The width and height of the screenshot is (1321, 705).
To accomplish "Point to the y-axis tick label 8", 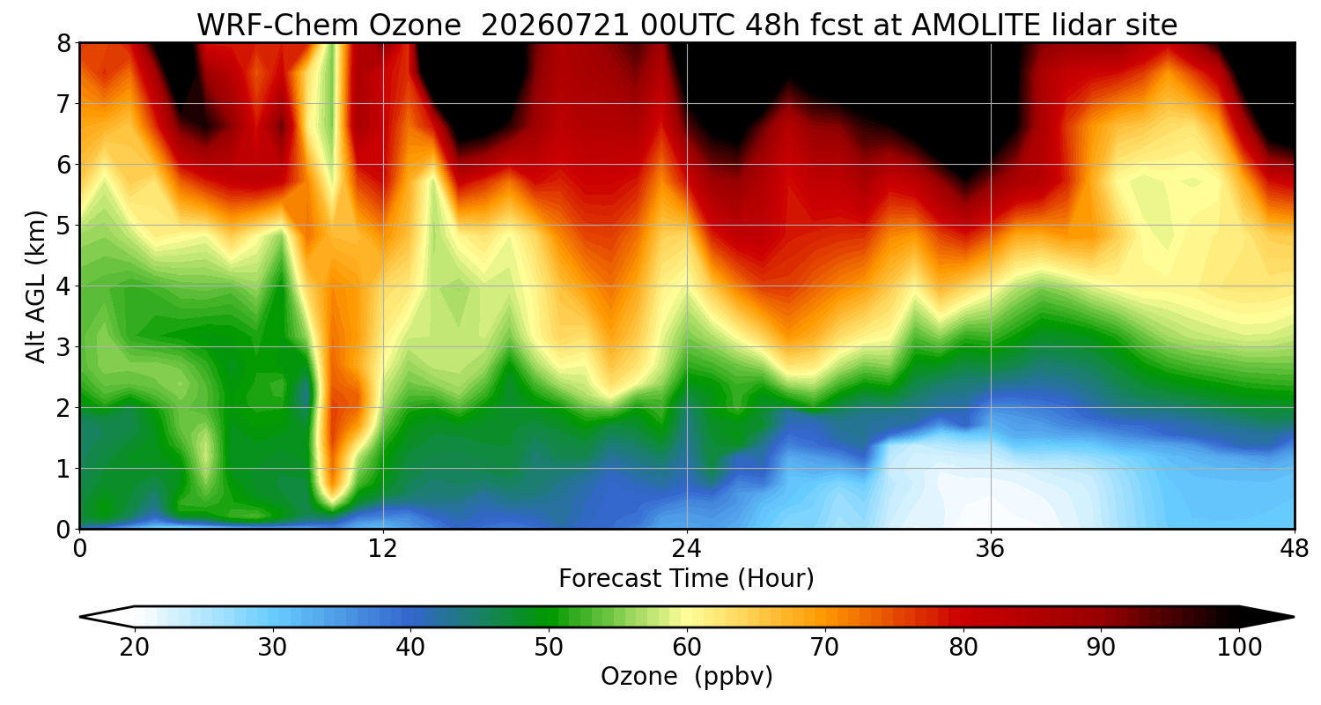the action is click(x=63, y=44).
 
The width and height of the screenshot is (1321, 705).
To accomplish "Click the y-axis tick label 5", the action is click(x=63, y=226).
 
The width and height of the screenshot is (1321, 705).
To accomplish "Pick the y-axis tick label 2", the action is click(x=63, y=408).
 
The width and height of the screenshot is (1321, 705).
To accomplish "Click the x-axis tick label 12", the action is click(x=383, y=549).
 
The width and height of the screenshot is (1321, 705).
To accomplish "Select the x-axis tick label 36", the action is click(x=991, y=549).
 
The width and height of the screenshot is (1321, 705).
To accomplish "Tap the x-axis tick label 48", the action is click(x=1295, y=549).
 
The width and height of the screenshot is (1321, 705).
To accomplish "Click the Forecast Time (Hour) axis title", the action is click(x=686, y=579).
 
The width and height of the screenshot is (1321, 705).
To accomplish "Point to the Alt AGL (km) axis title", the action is click(x=36, y=286).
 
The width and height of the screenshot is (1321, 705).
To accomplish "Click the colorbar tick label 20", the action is click(x=134, y=648).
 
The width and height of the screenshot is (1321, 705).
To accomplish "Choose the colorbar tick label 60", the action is click(x=686, y=648).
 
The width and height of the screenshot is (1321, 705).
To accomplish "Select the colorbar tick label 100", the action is click(x=1239, y=648).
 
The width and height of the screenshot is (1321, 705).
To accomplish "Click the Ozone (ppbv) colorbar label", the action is click(x=686, y=677).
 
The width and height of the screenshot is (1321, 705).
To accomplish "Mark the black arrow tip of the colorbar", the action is click(x=1294, y=617).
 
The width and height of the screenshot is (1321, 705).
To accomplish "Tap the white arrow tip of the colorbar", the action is click(x=80, y=617).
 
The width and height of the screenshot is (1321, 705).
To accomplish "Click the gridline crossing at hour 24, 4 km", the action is click(x=687, y=286).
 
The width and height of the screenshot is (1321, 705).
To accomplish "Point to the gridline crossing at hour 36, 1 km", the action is click(x=991, y=469).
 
